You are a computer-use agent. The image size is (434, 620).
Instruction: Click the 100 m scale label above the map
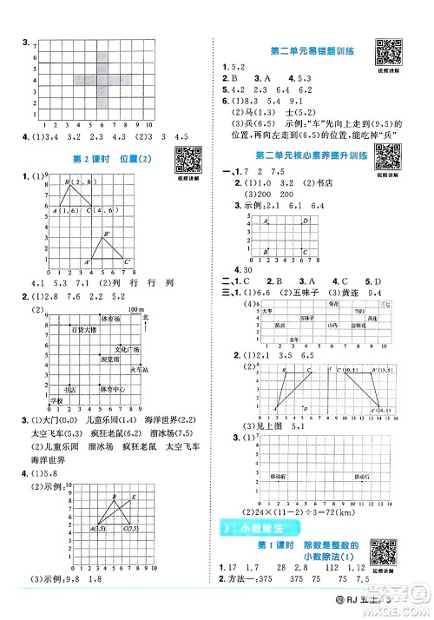134,308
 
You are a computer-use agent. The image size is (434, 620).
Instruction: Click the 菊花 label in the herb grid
333,304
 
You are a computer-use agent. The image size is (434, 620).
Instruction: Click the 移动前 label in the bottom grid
279,477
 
